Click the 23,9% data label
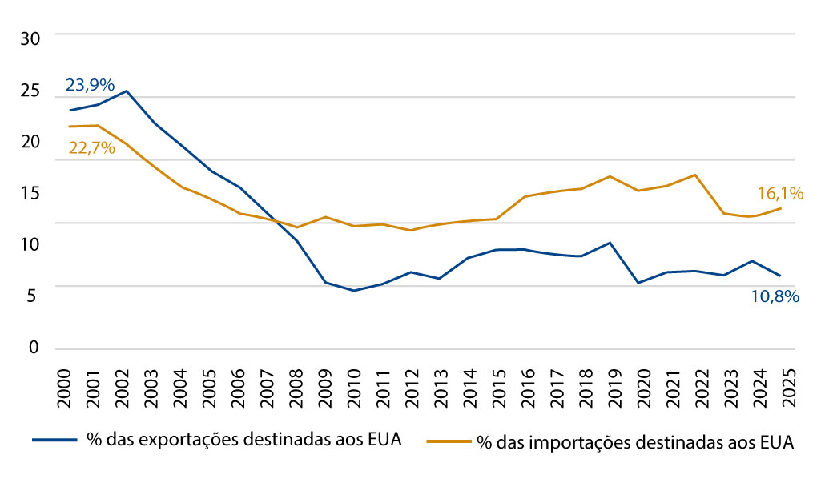coord(91,85)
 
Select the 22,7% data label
coord(91,148)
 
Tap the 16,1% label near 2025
coord(780,193)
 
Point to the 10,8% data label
coord(776,296)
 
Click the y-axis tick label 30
coord(30,38)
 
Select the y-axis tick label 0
coord(34,349)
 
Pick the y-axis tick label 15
coord(30,193)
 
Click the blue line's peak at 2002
coord(127,91)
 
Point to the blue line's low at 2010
coord(354,291)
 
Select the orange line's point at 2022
coord(695,175)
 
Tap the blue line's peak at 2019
coord(610,242)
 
